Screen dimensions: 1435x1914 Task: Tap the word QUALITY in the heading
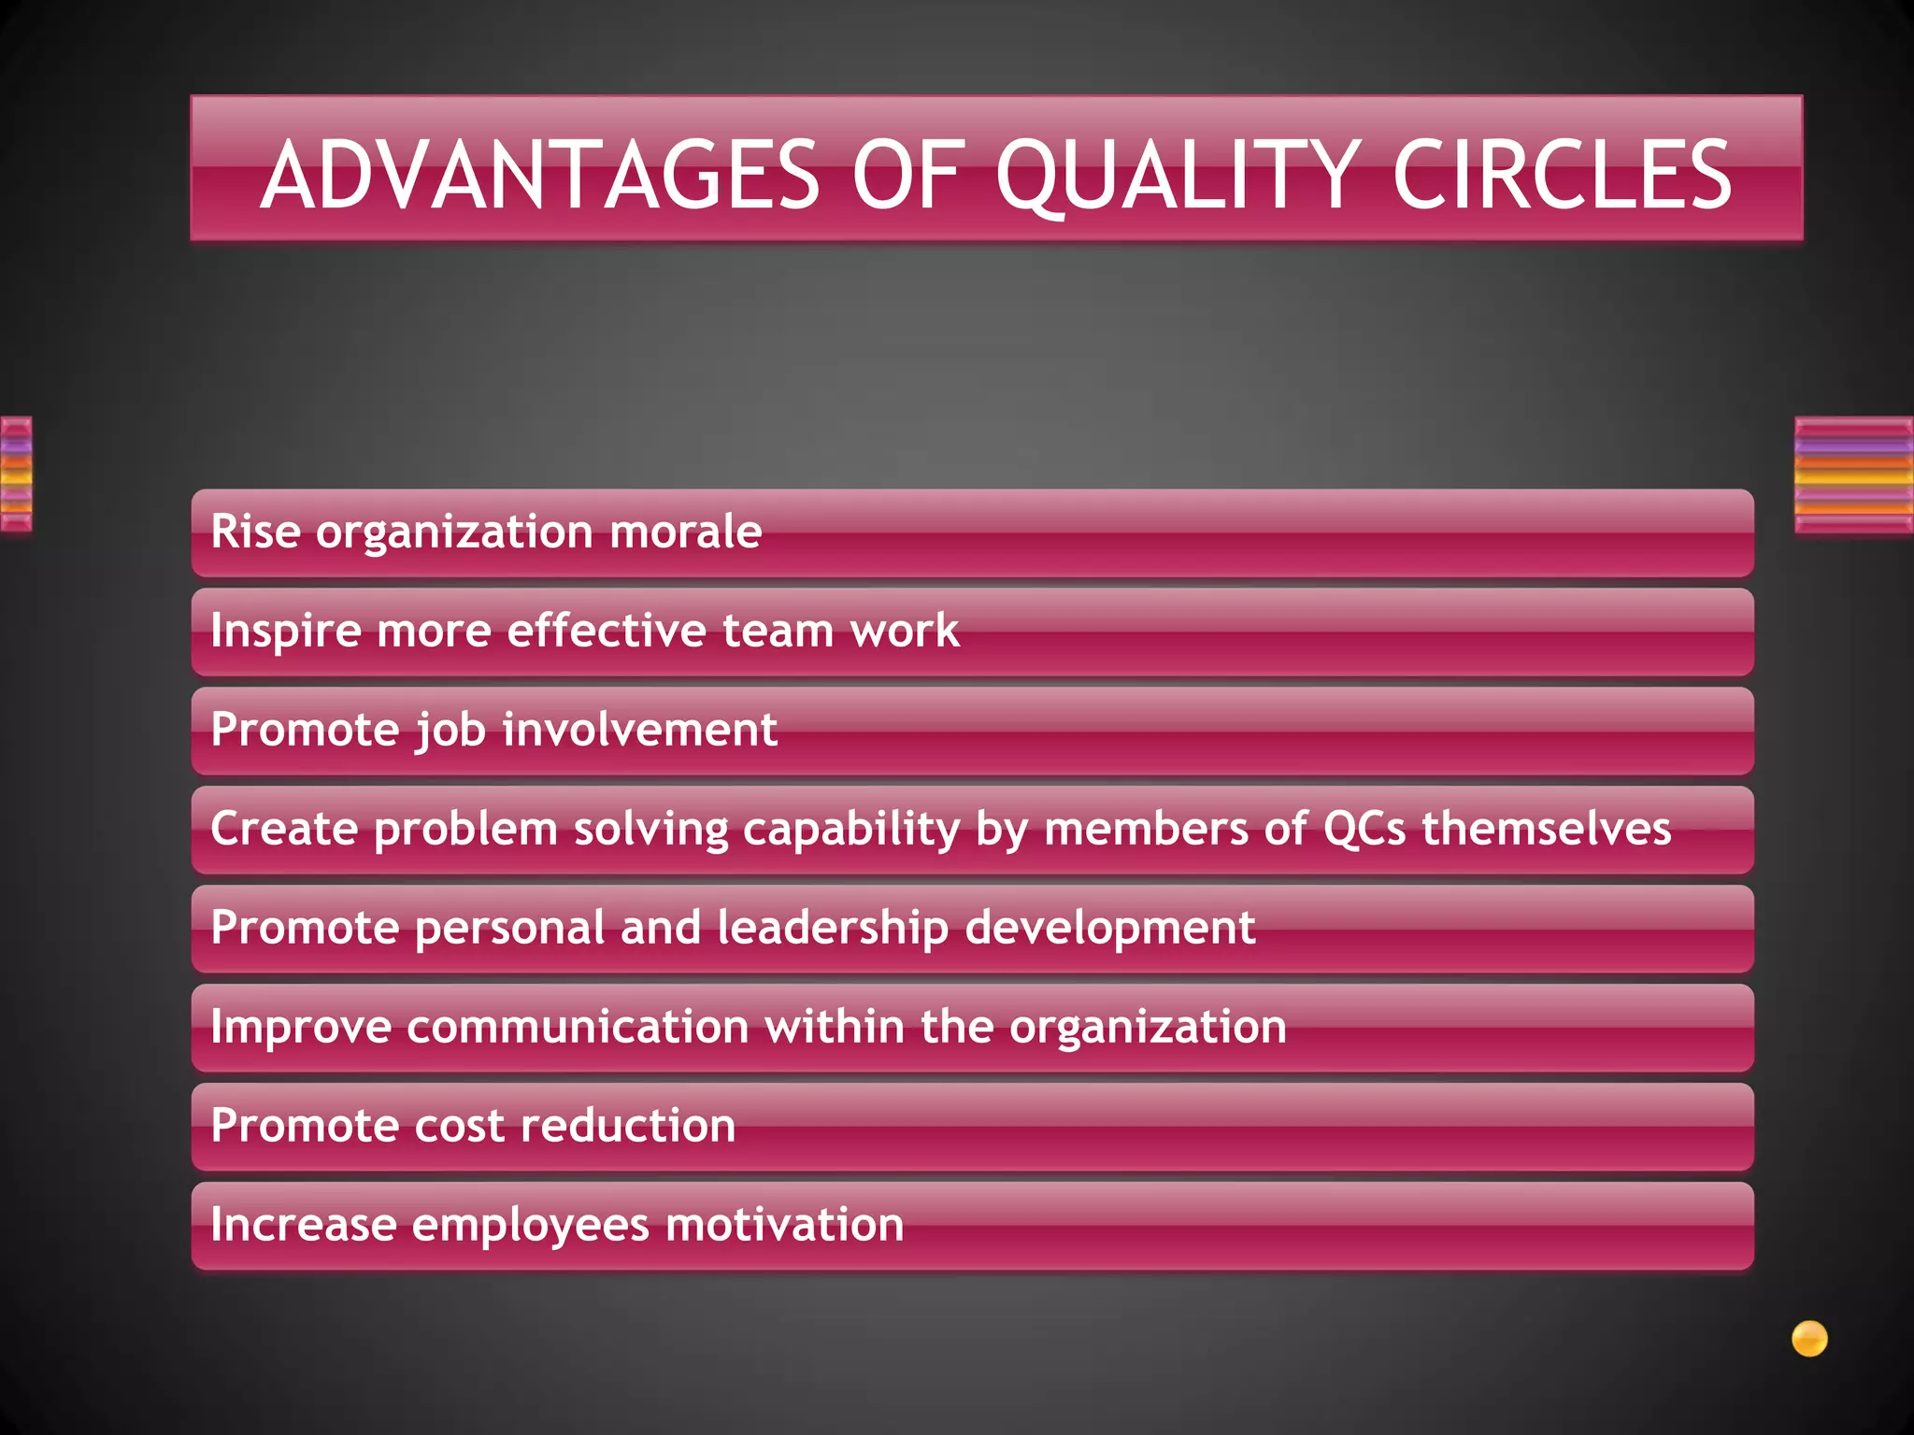[x=1177, y=175]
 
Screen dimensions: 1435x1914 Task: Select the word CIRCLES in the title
[x=1562, y=175]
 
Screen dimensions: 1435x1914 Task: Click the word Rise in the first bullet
[x=256, y=532]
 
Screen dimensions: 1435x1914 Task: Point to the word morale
[x=685, y=532]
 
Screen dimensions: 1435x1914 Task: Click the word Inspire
[x=286, y=631]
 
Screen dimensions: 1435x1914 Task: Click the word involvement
[x=640, y=730]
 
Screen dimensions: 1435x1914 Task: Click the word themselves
[x=1547, y=829]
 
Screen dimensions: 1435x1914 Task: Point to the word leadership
[x=833, y=928]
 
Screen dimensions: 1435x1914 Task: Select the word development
[x=1110, y=928]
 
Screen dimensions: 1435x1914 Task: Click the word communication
[x=578, y=1027]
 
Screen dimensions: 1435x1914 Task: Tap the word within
[x=836, y=1027]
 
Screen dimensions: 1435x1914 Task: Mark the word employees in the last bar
[x=530, y=1225]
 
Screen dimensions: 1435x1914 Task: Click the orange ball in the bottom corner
[x=1809, y=1339]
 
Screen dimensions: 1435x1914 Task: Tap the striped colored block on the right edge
[x=1853, y=476]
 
